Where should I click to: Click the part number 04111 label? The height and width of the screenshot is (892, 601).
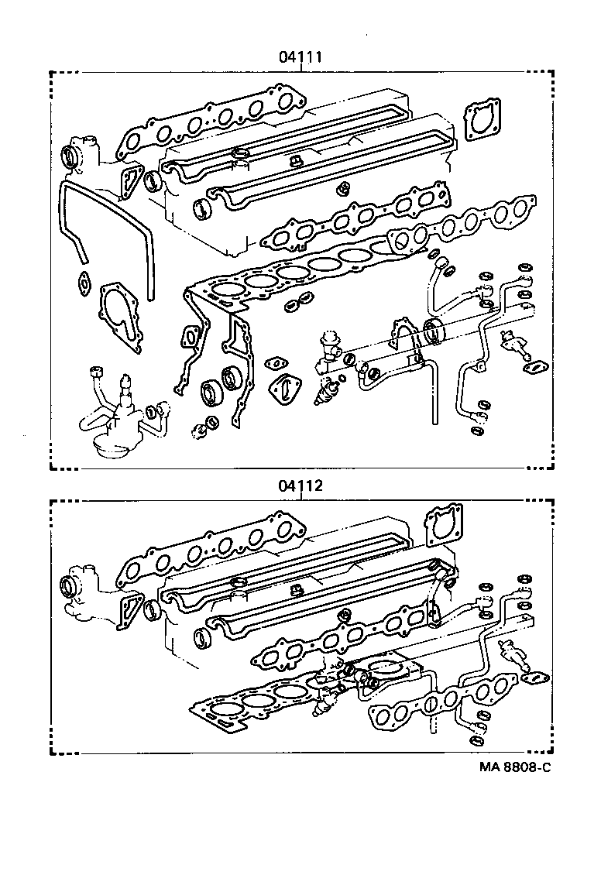pyautogui.click(x=300, y=57)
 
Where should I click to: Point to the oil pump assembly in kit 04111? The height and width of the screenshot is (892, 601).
pyautogui.click(x=116, y=418)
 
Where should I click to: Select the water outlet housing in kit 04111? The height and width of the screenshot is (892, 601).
pyautogui.click(x=81, y=154)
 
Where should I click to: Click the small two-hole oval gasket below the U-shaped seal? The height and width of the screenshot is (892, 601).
pyautogui.click(x=83, y=284)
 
